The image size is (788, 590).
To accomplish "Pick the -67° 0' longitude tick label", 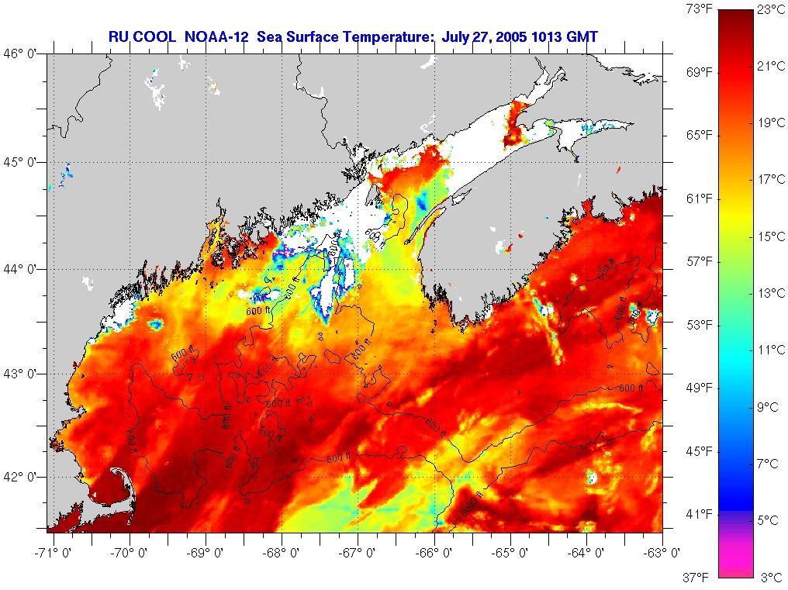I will pos(358,553).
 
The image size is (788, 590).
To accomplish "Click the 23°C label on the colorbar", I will pos(769,10).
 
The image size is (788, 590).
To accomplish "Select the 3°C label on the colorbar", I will pos(769,577).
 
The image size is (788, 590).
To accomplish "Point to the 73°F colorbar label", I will pos(700,9).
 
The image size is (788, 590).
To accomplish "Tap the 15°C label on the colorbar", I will pos(769,236).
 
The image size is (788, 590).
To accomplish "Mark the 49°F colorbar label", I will pos(700,388).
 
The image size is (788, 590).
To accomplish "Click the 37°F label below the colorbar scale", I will pos(700,577).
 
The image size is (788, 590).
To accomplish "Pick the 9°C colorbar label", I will pos(769,407).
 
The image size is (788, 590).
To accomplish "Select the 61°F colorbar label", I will pos(700,198).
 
